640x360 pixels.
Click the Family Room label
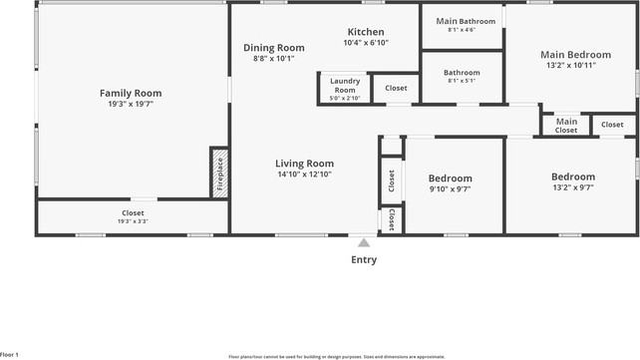pyautogui.click(x=131, y=93)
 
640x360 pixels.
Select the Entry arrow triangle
pyautogui.click(x=364, y=242)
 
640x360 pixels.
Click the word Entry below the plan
pyautogui.click(x=364, y=260)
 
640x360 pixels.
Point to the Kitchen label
pyautogui.click(x=365, y=32)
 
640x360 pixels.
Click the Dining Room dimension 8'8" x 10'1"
pyautogui.click(x=274, y=58)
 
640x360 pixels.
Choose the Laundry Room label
pyautogui.click(x=345, y=85)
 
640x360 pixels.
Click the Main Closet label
pyautogui.click(x=565, y=125)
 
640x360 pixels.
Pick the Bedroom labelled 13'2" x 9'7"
pyautogui.click(x=573, y=177)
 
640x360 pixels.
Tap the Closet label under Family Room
pyautogui.click(x=133, y=212)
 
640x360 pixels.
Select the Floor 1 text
pyautogui.click(x=10, y=355)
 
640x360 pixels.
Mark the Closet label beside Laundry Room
pyautogui.click(x=396, y=88)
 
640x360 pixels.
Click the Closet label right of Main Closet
pyautogui.click(x=612, y=125)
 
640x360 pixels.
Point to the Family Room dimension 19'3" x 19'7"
pyautogui.click(x=131, y=104)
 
